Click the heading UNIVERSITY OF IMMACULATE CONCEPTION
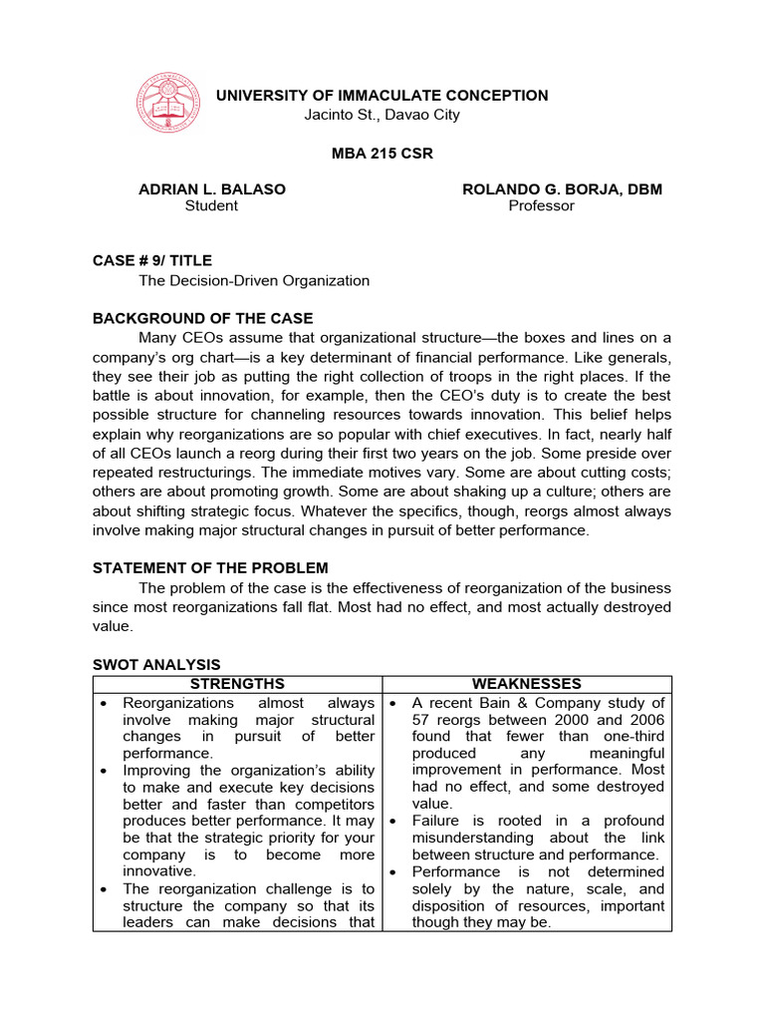tap(382, 96)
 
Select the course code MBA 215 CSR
tap(382, 154)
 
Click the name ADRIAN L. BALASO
tap(211, 189)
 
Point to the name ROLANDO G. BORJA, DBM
tap(562, 189)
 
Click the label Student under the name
tap(211, 206)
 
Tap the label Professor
tap(541, 206)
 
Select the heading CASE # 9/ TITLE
tap(152, 261)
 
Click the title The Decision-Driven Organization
tap(254, 281)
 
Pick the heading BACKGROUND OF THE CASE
tap(202, 319)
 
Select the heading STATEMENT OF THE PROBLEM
tap(210, 568)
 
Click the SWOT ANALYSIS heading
tap(156, 665)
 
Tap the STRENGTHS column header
tap(237, 684)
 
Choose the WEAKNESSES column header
tap(527, 684)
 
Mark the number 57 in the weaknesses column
tap(421, 720)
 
